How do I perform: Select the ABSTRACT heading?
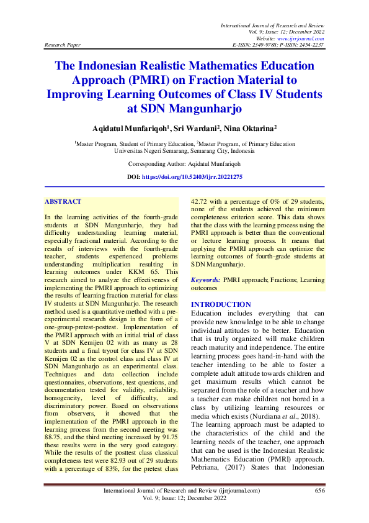point(63,201)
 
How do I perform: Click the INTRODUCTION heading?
point(221,304)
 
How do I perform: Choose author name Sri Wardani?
point(185,127)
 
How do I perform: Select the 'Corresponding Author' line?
point(184,164)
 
